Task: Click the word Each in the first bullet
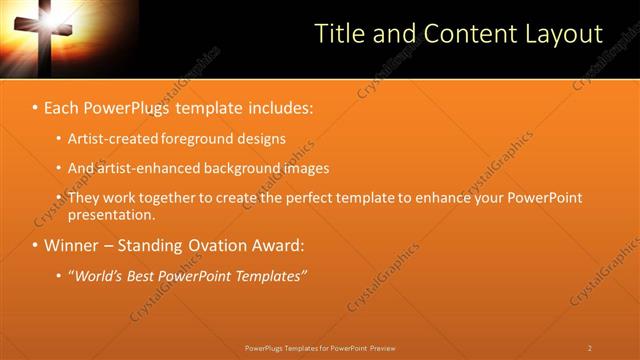[x=63, y=106]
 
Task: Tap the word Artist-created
[x=114, y=139]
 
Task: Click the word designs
[x=264, y=139]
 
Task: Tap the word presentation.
[x=111, y=214]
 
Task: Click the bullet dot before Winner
[x=35, y=245]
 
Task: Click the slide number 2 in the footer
[x=589, y=348]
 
